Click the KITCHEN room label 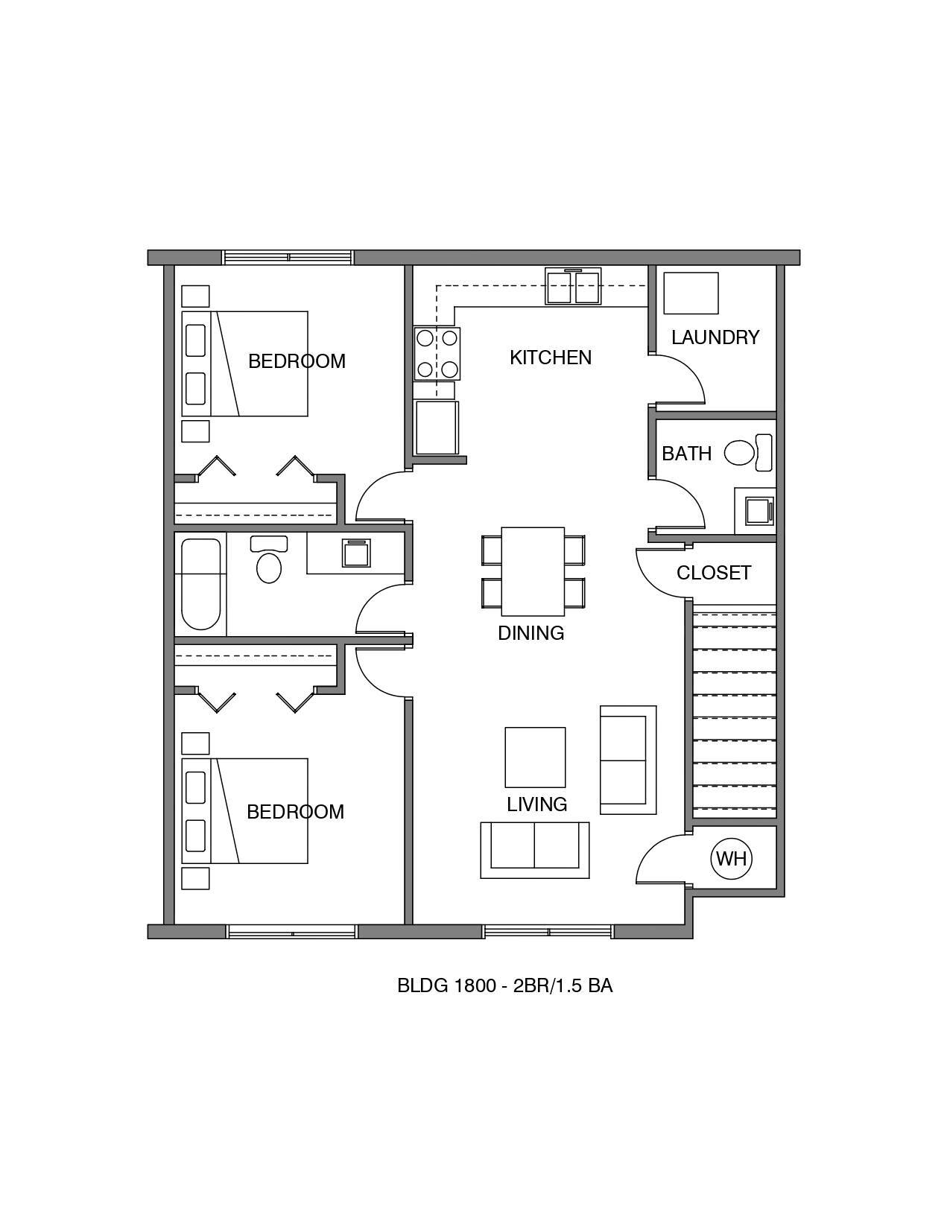(551, 358)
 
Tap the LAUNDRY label (715, 337)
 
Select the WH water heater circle (731, 859)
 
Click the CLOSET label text (713, 573)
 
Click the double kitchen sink (573, 287)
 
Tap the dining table (532, 571)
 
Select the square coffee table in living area (535, 757)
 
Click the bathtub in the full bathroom (200, 584)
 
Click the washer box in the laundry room (691, 293)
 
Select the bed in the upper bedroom (245, 363)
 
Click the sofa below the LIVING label (535, 850)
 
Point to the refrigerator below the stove (437, 428)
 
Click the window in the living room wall (548, 931)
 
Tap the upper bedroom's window (288, 258)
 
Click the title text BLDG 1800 (446, 985)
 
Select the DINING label (531, 633)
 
